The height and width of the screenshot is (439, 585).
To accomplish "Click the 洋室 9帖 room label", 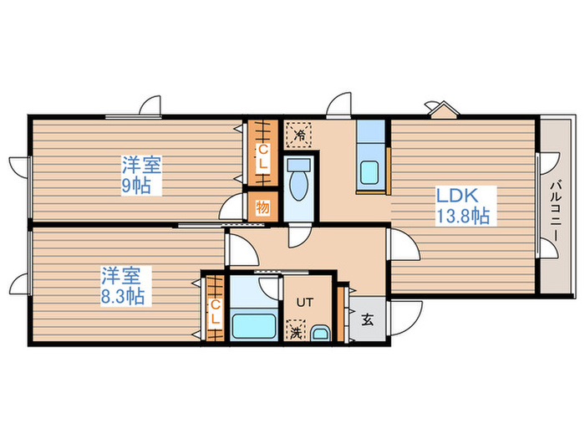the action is point(142,176).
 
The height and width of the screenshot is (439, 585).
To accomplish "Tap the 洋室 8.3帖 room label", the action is point(122,286).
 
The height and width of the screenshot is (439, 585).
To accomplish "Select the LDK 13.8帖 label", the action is point(463,206).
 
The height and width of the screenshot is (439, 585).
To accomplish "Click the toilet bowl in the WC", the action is point(299,186).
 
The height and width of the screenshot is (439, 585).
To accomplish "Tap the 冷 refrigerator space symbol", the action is point(299,134).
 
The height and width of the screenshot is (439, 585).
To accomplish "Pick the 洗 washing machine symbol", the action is point(296,330).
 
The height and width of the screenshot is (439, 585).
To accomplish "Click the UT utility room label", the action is point(305,302).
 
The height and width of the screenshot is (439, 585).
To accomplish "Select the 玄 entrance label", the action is point(368,319).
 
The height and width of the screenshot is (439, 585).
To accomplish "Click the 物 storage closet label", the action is point(263,207).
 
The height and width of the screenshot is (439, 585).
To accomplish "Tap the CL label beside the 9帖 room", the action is point(263,156).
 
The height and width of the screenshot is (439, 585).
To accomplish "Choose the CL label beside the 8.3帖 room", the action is point(215,312).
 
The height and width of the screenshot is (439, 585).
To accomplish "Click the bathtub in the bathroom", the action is point(254,326).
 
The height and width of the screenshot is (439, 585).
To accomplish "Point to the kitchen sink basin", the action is point(369,172).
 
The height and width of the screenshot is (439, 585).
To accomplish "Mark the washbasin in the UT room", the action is point(320,334).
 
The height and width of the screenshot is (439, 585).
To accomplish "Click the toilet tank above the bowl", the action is point(299,165).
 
